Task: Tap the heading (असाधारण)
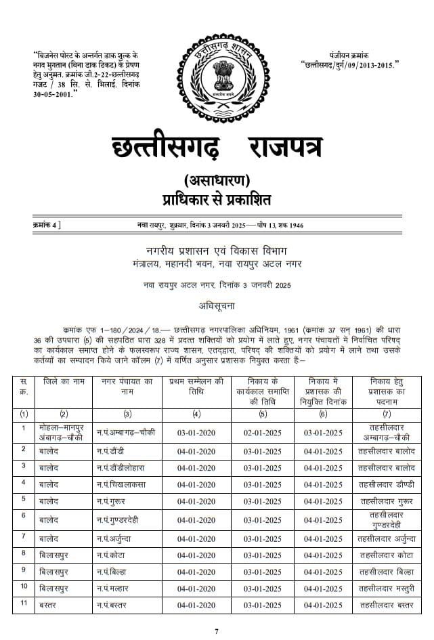point(217,181)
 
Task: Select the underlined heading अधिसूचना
point(217,305)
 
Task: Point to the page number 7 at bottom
point(217,631)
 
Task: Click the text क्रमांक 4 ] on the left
point(46,224)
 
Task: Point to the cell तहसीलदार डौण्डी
point(386,484)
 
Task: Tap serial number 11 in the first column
point(24,603)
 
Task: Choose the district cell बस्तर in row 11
point(49,604)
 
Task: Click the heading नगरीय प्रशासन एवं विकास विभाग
point(217,251)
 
